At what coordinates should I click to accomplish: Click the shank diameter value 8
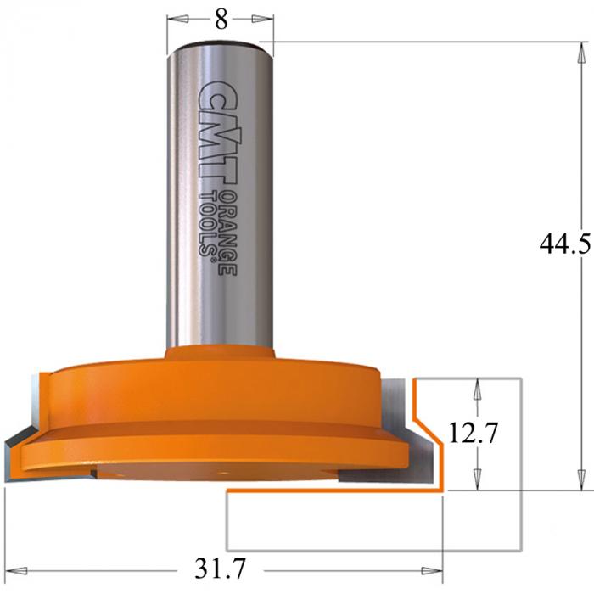(221, 19)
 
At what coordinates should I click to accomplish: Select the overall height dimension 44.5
(565, 244)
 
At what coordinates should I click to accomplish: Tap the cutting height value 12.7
(474, 433)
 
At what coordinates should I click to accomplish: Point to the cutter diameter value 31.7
(220, 568)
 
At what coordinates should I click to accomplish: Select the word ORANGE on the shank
(228, 232)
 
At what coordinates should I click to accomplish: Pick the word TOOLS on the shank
(208, 224)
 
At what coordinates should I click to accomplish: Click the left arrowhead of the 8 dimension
(178, 19)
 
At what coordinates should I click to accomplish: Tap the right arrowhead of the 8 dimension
(262, 19)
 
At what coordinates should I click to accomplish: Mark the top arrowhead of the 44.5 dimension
(580, 53)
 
